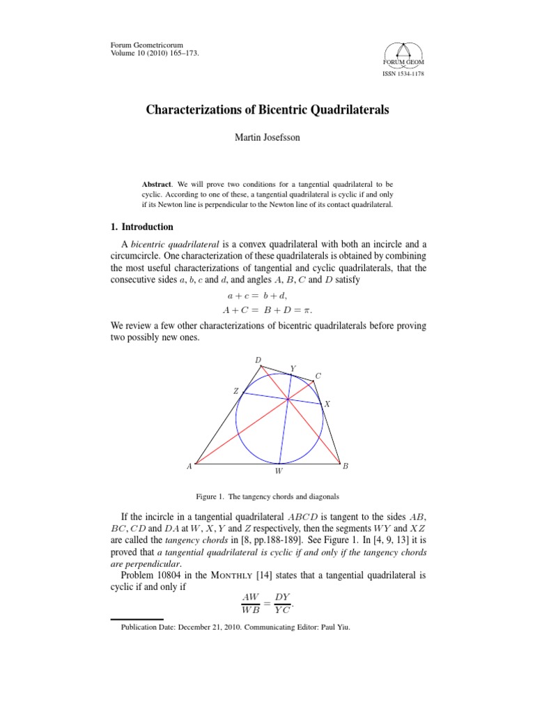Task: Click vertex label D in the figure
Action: tap(258, 360)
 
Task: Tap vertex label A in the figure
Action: tap(188, 466)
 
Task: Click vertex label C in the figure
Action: tap(318, 376)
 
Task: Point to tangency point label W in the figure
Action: tap(279, 472)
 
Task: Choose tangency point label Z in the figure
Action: tap(235, 392)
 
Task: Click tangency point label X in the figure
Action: tap(327, 404)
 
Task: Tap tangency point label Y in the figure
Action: tap(293, 368)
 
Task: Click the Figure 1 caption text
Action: tap(267, 496)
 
